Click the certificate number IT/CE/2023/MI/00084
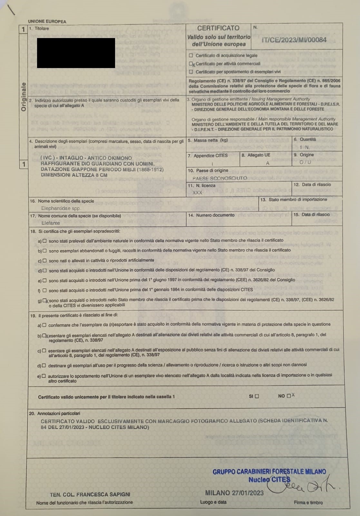pyautogui.click(x=294, y=40)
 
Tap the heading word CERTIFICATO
pyautogui.click(x=218, y=28)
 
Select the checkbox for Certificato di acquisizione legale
pyautogui.click(x=191, y=55)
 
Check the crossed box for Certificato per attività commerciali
pyautogui.click(x=191, y=64)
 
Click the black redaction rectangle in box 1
pyautogui.click(x=76, y=53)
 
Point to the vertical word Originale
pyautogui.click(x=24, y=97)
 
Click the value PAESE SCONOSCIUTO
pyautogui.click(x=219, y=178)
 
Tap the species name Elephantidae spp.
pyautogui.click(x=61, y=208)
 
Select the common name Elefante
pyautogui.click(x=51, y=223)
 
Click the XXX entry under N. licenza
pyautogui.click(x=197, y=193)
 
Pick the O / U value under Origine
pyautogui.click(x=305, y=162)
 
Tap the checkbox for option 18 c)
pyautogui.click(x=44, y=261)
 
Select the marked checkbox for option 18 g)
pyautogui.click(x=45, y=301)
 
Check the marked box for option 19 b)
pyautogui.click(x=44, y=335)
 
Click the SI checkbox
pyautogui.click(x=257, y=396)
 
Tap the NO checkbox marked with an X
pyautogui.click(x=289, y=396)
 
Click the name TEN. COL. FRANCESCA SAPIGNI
pyautogui.click(x=90, y=494)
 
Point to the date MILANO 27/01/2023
pyautogui.click(x=234, y=493)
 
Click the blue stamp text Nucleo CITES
pyautogui.click(x=269, y=480)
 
